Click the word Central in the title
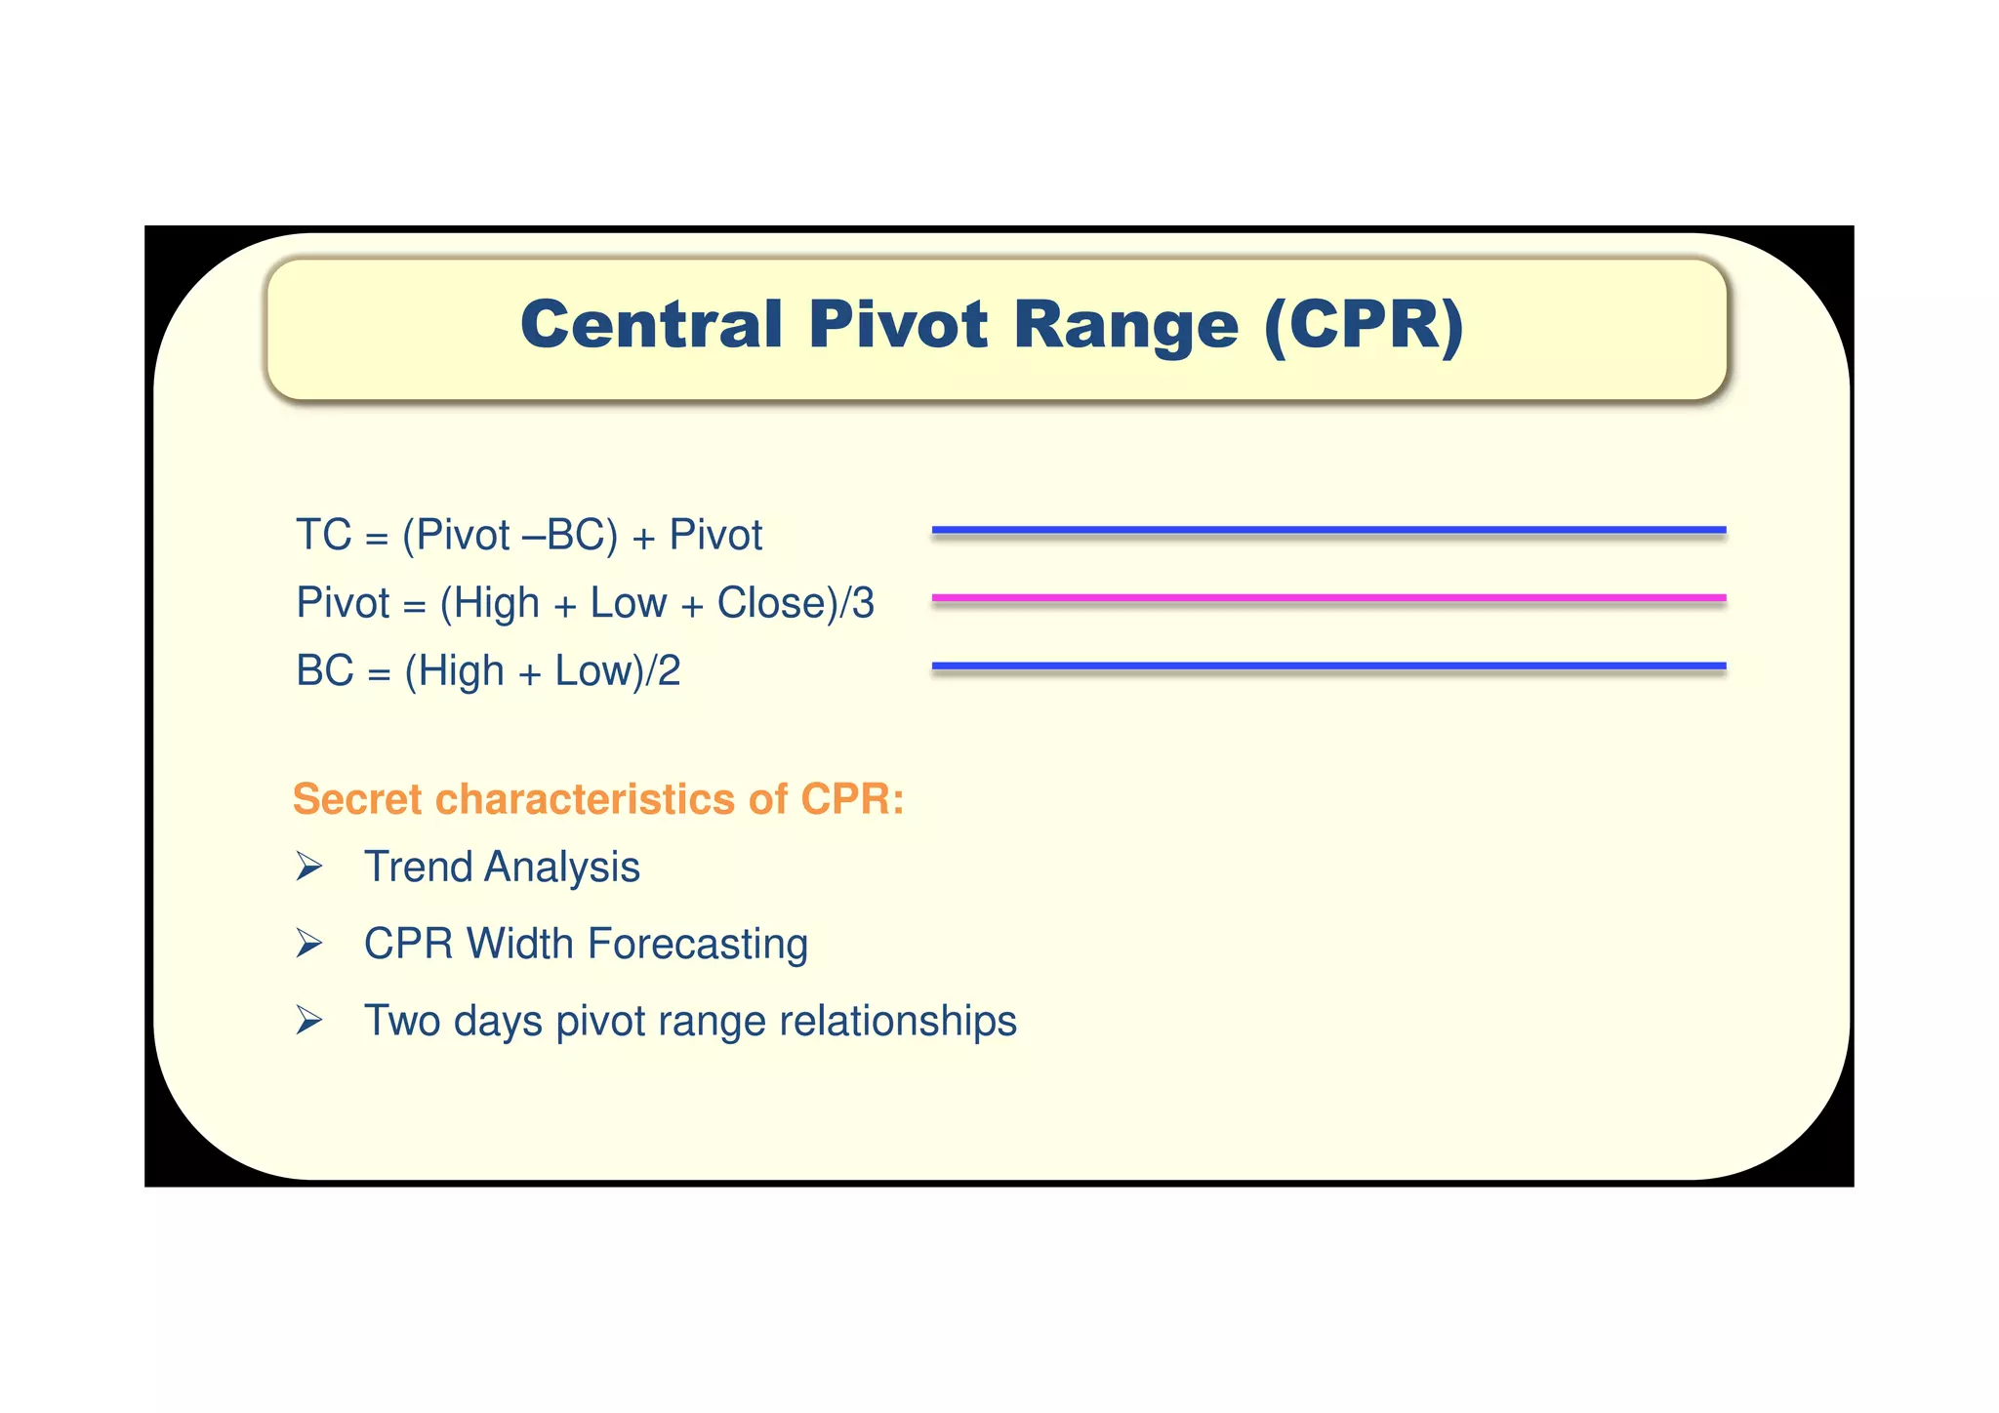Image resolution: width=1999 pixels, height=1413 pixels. click(651, 325)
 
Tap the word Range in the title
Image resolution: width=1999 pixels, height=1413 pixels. click(1126, 325)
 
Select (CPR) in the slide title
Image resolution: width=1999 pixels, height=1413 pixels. click(1364, 325)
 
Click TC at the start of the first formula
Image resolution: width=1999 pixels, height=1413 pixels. click(323, 536)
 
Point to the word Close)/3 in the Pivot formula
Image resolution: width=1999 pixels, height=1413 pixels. click(796, 603)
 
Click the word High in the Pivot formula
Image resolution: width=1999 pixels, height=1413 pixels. click(496, 603)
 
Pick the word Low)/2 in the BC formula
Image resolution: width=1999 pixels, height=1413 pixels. click(617, 671)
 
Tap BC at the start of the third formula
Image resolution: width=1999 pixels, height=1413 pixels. click(325, 671)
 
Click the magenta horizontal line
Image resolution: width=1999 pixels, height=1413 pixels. click(1328, 597)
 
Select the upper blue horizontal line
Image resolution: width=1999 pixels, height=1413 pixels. click(1328, 530)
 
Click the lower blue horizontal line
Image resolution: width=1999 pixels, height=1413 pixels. click(1328, 666)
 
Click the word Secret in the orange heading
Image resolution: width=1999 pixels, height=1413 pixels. click(357, 799)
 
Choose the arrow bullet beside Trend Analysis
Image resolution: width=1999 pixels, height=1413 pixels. click(309, 867)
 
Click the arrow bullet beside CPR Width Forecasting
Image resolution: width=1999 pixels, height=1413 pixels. click(309, 944)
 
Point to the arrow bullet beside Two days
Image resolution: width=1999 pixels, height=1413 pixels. click(309, 1021)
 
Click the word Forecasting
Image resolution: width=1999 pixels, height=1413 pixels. click(697, 945)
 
